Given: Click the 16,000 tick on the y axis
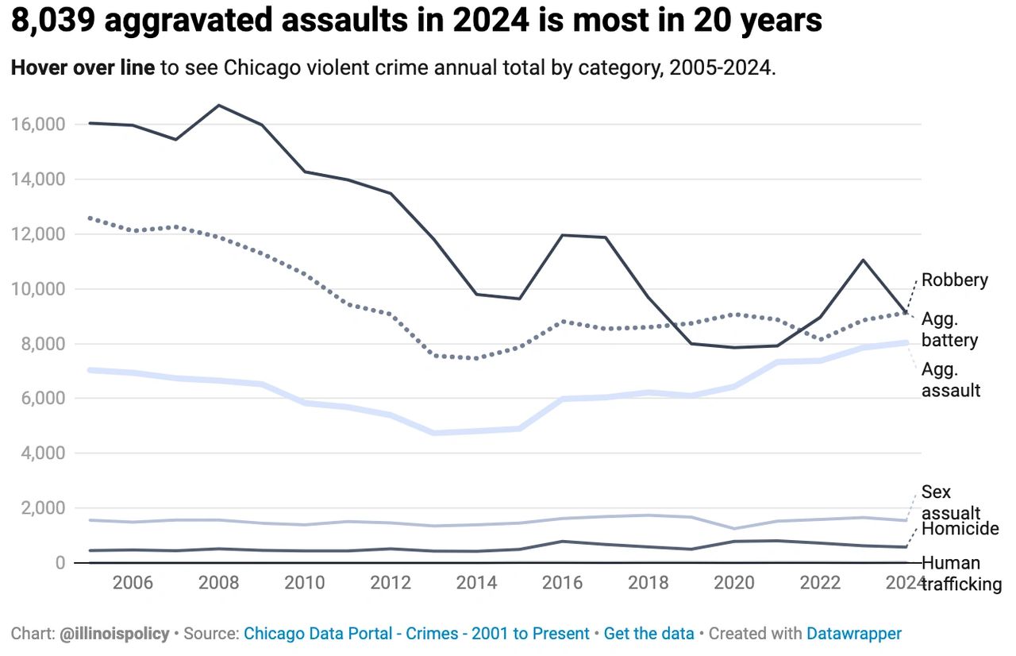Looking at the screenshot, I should pyautogui.click(x=37, y=125).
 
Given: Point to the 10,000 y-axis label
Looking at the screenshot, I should pyautogui.click(x=37, y=289).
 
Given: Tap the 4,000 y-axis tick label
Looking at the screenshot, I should pyautogui.click(x=41, y=453).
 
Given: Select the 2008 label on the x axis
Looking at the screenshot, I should pyautogui.click(x=218, y=583).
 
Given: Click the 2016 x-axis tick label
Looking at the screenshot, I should pyautogui.click(x=563, y=583).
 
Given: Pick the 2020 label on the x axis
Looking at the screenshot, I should pyautogui.click(x=734, y=583).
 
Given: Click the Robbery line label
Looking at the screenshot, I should pyautogui.click(x=954, y=280).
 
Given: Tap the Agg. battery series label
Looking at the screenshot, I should pyautogui.click(x=949, y=330).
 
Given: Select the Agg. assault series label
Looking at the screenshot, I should pyautogui.click(x=951, y=380).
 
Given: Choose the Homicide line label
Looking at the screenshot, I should pyautogui.click(x=960, y=529).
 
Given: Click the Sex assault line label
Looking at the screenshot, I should pyautogui.click(x=950, y=503).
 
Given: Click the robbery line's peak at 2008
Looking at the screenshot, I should pyautogui.click(x=219, y=105).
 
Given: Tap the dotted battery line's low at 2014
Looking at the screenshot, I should pyautogui.click(x=476, y=358).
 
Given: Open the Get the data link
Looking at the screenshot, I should pyautogui.click(x=648, y=634).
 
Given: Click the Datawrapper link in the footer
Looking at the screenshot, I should pyautogui.click(x=854, y=634).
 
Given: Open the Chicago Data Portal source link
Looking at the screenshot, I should pyautogui.click(x=416, y=634).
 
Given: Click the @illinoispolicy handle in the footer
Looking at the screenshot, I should pyautogui.click(x=114, y=634).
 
